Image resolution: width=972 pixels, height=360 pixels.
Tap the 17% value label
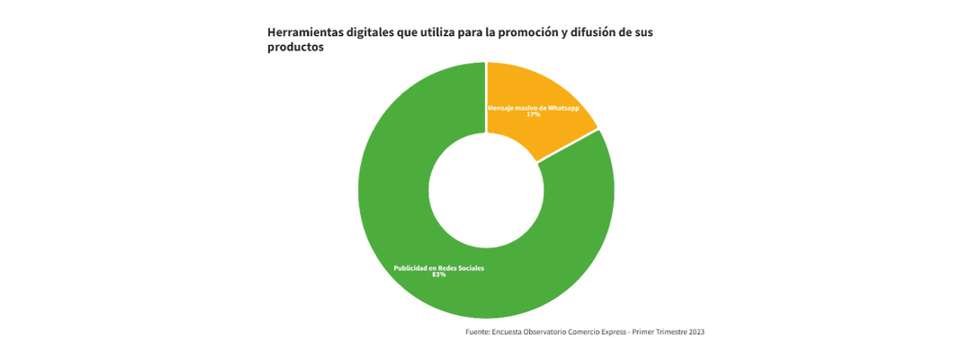pyautogui.click(x=534, y=115)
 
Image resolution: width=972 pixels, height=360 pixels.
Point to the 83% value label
pyautogui.click(x=439, y=274)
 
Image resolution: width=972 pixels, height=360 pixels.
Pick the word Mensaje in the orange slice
pyautogui.click(x=501, y=108)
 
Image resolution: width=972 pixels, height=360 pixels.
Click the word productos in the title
pyautogui.click(x=295, y=49)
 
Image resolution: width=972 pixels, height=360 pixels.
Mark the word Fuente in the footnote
pyautogui.click(x=478, y=332)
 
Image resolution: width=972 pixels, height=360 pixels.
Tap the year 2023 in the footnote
pyautogui.click(x=696, y=332)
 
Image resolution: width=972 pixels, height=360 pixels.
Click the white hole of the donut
pyautogui.click(x=486, y=190)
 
